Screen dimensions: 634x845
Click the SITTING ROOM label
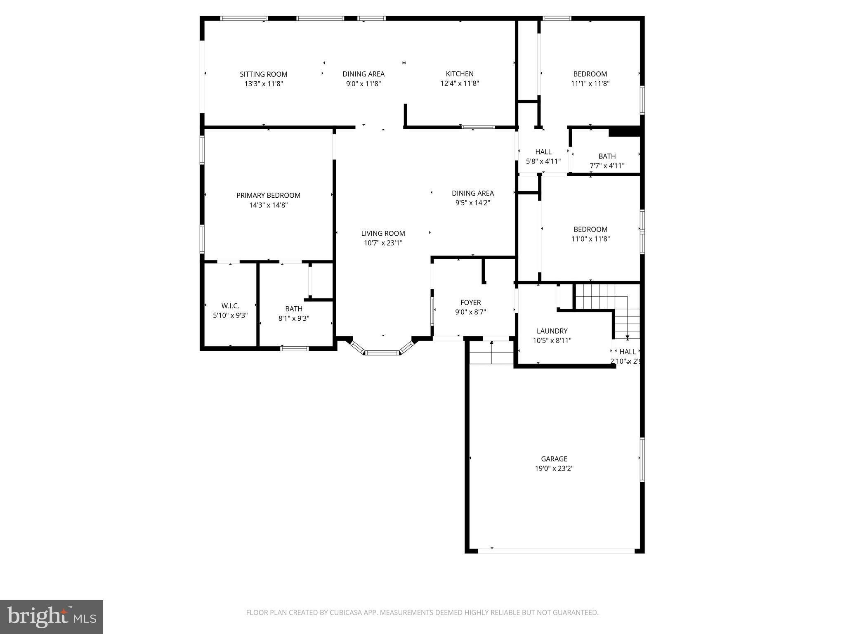264,74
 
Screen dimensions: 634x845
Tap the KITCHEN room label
460,74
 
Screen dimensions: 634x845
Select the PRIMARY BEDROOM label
268,195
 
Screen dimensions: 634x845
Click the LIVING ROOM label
383,233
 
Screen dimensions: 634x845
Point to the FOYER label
470,303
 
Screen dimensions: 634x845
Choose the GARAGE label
554,459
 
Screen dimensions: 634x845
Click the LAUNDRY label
552,331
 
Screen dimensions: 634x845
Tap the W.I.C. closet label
230,306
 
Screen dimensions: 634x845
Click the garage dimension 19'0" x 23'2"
554,468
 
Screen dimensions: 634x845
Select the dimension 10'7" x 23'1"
383,243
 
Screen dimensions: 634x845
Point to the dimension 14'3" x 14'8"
268,205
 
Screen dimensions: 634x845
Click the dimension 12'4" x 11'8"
460,83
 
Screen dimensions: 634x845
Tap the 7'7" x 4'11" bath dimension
607,166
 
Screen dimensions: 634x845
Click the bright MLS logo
52,617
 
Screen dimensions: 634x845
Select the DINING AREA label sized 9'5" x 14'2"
473,193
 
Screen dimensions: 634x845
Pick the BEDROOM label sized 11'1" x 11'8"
590,74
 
